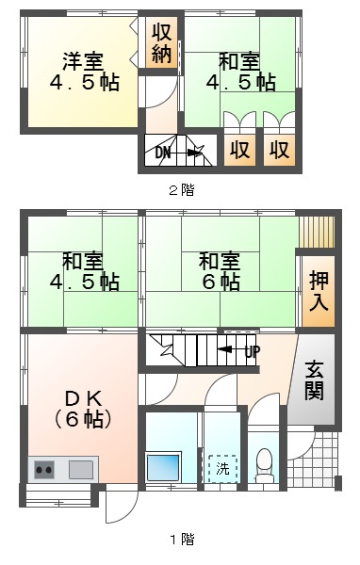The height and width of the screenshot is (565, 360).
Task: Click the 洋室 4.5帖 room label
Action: [85, 72]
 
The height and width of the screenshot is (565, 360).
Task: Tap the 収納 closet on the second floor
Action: [161, 42]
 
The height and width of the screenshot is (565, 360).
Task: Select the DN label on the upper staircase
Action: [163, 153]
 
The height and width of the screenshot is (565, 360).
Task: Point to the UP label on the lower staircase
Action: [253, 351]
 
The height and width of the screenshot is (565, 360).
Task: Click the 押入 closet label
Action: [319, 291]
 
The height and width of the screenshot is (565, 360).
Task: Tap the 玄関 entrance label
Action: [314, 381]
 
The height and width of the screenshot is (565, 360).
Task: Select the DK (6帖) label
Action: [83, 409]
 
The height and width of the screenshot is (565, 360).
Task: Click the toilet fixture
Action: [265, 465]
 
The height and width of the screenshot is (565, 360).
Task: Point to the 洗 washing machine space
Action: [222, 469]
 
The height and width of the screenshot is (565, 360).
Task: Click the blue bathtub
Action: [163, 467]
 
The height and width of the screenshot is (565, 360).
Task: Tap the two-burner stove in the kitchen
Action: [44, 470]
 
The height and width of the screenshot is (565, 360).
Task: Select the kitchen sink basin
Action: [82, 470]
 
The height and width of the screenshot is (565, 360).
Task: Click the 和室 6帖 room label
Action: [220, 271]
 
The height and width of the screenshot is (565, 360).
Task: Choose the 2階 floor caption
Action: [182, 190]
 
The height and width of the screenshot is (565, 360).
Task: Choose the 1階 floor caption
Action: [182, 539]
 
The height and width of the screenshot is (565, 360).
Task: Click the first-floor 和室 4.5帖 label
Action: [85, 271]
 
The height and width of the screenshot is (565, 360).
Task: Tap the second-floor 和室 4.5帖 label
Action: [241, 72]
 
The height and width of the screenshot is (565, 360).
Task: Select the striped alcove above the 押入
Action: [317, 232]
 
